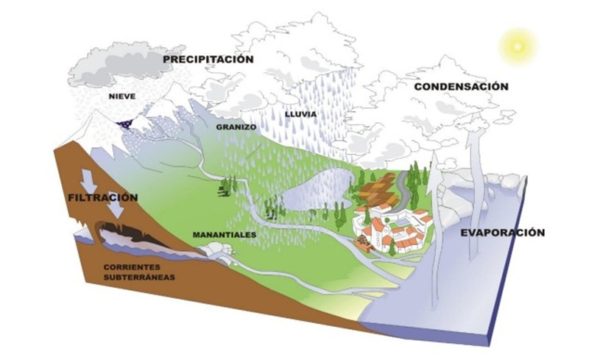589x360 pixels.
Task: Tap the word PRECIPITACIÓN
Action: tap(208, 59)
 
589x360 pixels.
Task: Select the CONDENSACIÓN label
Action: tap(461, 86)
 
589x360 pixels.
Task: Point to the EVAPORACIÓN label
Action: tap(503, 233)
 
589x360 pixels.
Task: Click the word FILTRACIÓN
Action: tap(102, 197)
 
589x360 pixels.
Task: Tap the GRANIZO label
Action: tap(235, 127)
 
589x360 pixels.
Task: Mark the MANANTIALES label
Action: tap(224, 235)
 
